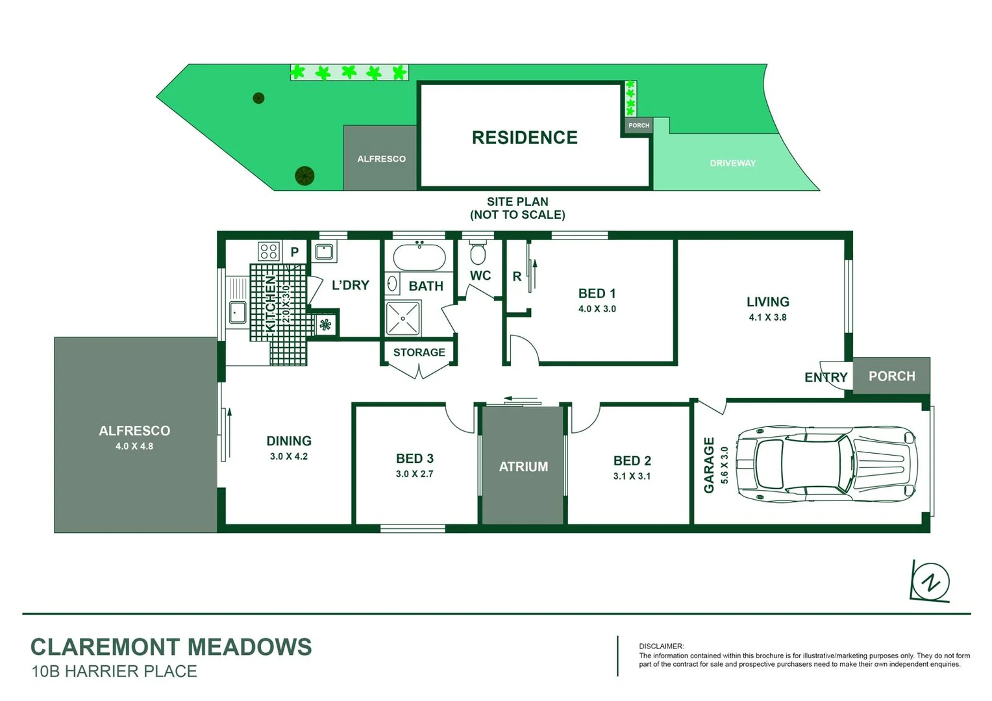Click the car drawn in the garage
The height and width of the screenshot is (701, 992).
[x=826, y=464]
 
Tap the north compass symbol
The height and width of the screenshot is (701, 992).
[x=930, y=582]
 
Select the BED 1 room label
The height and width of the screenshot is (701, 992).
[x=597, y=294]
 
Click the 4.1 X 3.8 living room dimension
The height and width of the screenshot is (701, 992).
[x=767, y=317]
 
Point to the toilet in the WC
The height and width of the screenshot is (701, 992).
[x=478, y=253]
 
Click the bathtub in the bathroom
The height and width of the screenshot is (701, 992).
[x=419, y=257]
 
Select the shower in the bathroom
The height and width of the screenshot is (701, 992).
[x=403, y=318]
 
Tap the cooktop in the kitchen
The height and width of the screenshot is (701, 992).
[x=269, y=251]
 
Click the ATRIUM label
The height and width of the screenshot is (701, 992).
[x=523, y=467]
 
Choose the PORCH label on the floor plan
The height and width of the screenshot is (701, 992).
[x=891, y=376]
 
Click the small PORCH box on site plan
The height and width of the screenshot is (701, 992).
[x=639, y=125]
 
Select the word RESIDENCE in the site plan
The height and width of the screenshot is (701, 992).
[x=525, y=138]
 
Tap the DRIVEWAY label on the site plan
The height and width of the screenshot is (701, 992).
[x=732, y=164]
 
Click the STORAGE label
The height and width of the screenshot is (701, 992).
[x=419, y=352]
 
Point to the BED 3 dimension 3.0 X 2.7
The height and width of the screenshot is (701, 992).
[x=414, y=474]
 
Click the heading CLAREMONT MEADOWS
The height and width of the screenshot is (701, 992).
[x=171, y=647]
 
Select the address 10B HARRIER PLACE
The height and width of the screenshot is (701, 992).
[x=114, y=672]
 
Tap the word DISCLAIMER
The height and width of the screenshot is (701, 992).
[x=661, y=646]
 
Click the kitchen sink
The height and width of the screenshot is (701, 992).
[x=238, y=312]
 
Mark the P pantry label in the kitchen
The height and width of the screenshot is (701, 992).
[x=295, y=252]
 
